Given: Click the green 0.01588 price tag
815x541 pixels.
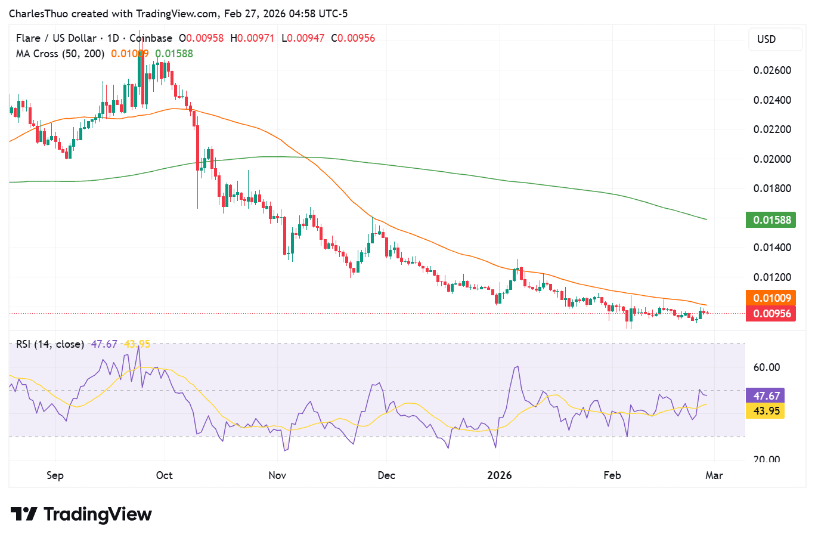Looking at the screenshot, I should pyautogui.click(x=771, y=220).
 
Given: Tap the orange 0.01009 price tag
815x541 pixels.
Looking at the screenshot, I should pyautogui.click(x=771, y=298).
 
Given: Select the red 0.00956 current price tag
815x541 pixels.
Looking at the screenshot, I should pyautogui.click(x=771, y=314).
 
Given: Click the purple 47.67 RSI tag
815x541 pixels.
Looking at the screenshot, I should pyautogui.click(x=766, y=395).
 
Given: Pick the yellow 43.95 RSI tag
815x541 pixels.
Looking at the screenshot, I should pyautogui.click(x=766, y=411).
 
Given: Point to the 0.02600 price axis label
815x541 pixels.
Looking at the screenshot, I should pyautogui.click(x=772, y=70).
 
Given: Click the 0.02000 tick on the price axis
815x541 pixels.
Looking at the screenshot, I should pyautogui.click(x=772, y=159).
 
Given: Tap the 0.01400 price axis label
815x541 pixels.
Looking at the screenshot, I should pyautogui.click(x=772, y=248).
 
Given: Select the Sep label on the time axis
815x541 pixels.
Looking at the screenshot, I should pyautogui.click(x=55, y=475).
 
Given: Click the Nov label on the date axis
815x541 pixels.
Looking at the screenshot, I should pyautogui.click(x=277, y=475).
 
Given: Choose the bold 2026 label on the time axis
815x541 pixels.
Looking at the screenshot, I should pyautogui.click(x=500, y=475).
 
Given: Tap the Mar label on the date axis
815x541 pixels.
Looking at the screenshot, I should pyautogui.click(x=714, y=475).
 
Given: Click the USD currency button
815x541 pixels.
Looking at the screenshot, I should pyautogui.click(x=767, y=39).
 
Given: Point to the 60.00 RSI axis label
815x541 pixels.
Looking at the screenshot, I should pyautogui.click(x=767, y=367).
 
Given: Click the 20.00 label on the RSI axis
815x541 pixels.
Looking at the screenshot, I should pyautogui.click(x=767, y=459).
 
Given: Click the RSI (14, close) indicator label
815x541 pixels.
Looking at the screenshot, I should pyautogui.click(x=50, y=344).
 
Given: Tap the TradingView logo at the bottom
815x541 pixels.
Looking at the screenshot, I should pyautogui.click(x=82, y=514).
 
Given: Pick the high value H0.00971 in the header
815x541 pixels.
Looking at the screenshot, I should pyautogui.click(x=253, y=38).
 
